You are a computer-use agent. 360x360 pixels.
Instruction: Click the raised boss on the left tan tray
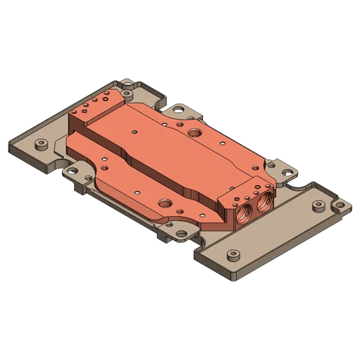point(41,144)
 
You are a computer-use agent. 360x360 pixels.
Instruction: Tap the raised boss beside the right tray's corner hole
point(317,207)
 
